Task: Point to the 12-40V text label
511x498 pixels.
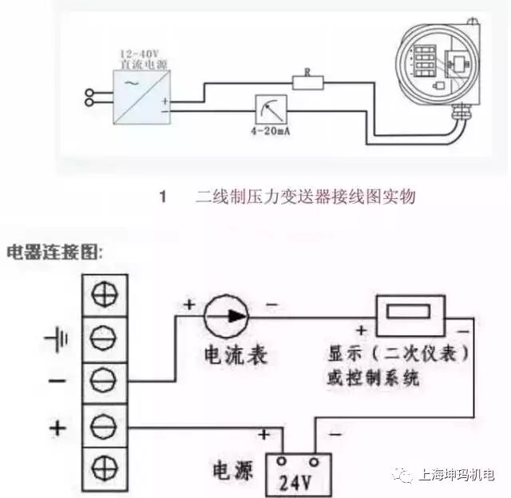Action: (141, 53)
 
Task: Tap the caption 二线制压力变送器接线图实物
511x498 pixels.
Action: (306, 197)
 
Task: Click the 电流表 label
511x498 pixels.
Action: (236, 355)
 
